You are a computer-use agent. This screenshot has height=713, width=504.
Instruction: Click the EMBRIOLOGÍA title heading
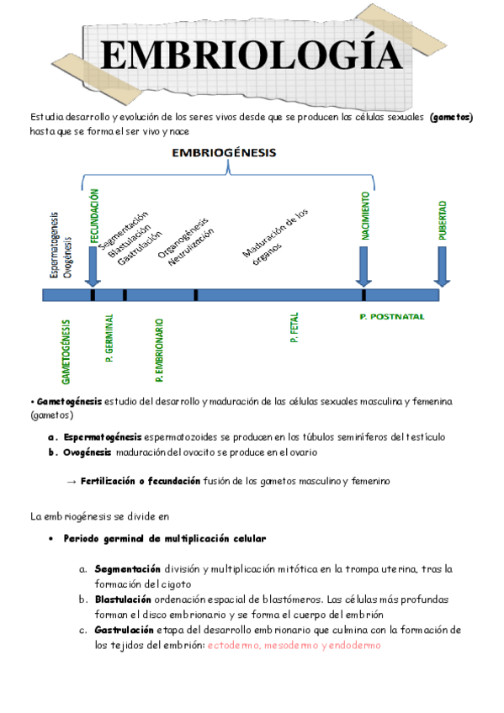[250, 56]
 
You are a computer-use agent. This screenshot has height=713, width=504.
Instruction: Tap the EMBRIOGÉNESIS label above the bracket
[227, 153]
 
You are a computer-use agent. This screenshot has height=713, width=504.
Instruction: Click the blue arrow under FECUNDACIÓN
[93, 267]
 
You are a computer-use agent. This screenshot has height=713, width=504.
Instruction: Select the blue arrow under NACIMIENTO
[363, 267]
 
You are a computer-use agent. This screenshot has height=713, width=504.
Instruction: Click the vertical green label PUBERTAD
[442, 220]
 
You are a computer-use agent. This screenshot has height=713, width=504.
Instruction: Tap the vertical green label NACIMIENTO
[366, 217]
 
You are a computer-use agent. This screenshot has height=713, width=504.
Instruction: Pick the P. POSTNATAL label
[391, 317]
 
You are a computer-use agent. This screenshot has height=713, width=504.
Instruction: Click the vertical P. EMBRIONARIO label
[159, 346]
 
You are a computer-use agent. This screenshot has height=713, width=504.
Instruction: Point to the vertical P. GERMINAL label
[109, 339]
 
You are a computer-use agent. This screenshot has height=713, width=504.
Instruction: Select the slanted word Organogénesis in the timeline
[184, 235]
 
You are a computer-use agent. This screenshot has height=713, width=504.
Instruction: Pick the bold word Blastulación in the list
[123, 599]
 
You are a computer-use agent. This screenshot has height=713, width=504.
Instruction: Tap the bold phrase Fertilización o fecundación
[140, 481]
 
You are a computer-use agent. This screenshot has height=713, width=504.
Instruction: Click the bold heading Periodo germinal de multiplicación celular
[165, 538]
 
